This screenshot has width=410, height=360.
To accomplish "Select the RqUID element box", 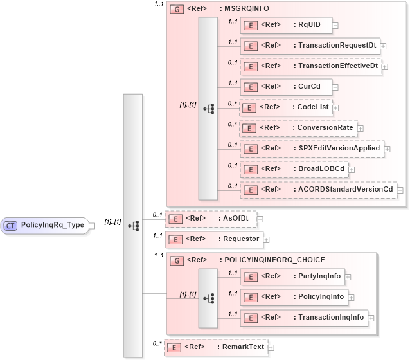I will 285,26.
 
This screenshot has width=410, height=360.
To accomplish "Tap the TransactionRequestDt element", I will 309,46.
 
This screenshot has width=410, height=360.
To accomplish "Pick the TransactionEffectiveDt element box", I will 309,66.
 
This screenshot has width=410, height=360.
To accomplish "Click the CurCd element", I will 285,87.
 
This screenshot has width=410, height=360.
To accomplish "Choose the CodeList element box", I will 285,107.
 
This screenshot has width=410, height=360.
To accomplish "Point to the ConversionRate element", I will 298,128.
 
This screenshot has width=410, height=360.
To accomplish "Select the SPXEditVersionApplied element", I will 312,148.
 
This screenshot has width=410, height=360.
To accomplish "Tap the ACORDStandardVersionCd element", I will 318,190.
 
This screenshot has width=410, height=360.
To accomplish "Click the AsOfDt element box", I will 210,219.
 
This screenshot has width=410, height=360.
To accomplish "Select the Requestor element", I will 213,239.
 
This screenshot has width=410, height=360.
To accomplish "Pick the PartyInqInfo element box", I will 292,276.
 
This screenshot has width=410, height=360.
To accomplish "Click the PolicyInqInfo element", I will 293,297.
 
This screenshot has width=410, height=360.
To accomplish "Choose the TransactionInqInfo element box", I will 303,318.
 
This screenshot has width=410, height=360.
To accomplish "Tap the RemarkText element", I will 216,347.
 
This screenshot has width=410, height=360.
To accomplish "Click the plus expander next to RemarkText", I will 271,348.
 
